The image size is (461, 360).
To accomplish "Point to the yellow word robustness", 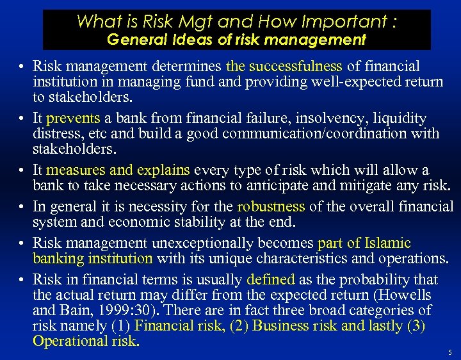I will (271, 206).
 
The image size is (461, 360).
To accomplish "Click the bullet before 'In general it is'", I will (21, 208).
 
